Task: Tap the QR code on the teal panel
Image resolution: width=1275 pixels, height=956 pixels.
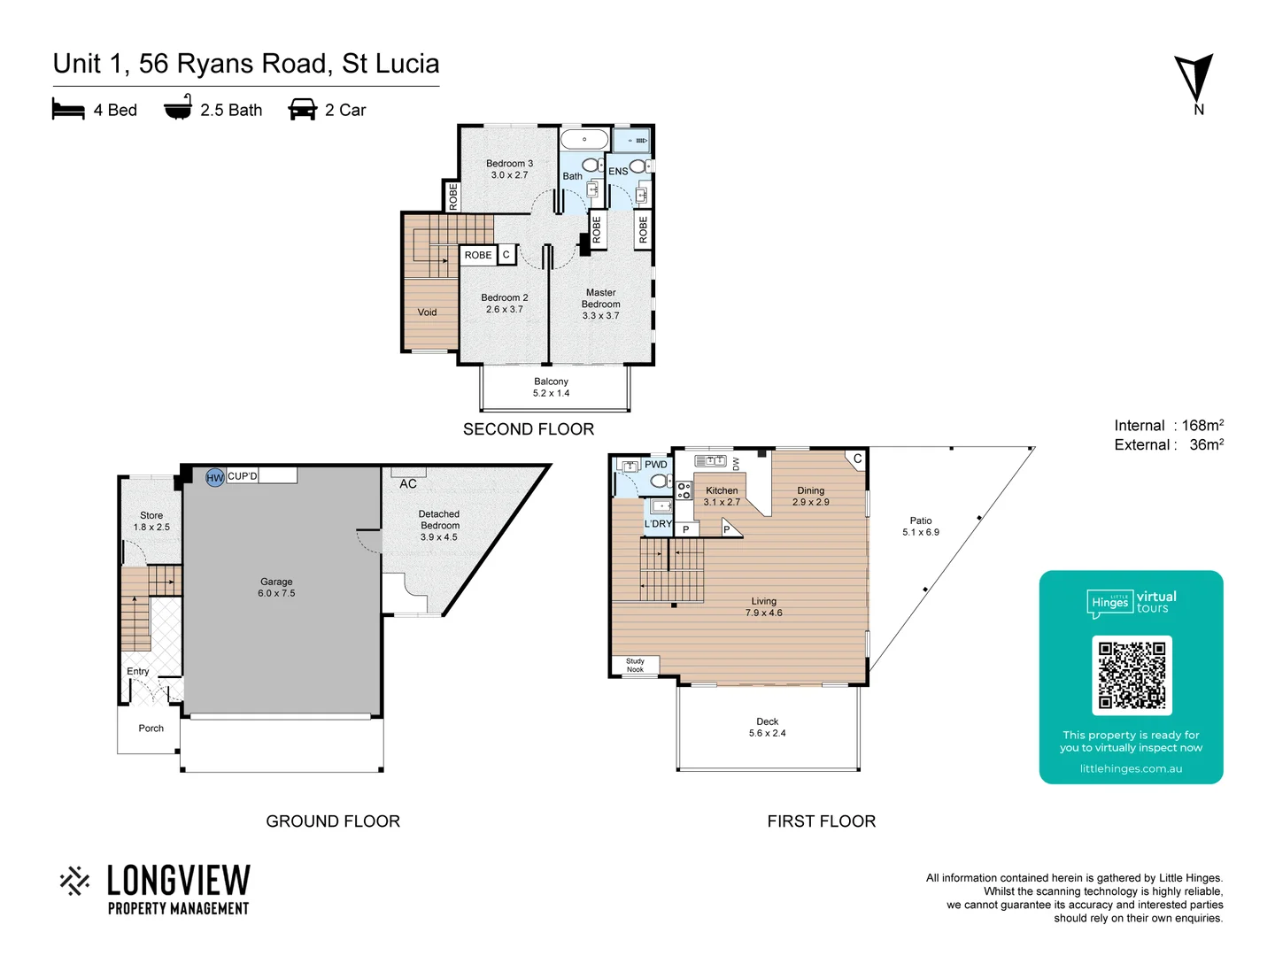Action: pos(1132,675)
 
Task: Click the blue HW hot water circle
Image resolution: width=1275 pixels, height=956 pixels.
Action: pos(215,478)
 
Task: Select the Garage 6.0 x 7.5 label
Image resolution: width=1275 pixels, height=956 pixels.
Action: pos(276,588)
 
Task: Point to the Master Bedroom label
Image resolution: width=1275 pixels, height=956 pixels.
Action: pos(600,304)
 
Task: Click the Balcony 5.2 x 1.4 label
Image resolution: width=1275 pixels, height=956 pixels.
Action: pos(551,388)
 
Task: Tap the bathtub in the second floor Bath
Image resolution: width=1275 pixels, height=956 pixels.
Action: pos(584,140)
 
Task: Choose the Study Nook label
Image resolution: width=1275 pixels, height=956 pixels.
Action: pos(635,666)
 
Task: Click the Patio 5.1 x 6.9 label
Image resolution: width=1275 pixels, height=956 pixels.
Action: pos(921,527)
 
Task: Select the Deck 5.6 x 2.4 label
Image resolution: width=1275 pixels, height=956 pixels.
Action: pos(767,728)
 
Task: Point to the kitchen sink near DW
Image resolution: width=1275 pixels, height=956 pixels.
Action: pos(710,461)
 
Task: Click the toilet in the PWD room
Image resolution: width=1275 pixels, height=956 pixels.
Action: pos(660,481)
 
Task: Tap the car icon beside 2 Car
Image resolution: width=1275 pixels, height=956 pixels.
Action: pos(303,110)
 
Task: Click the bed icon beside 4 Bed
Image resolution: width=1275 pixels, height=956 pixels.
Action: pos(68,110)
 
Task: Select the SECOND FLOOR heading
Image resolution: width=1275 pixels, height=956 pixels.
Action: pos(529,429)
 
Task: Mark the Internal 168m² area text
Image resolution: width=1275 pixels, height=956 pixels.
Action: pos(1169,426)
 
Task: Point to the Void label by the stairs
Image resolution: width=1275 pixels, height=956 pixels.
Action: pos(427,312)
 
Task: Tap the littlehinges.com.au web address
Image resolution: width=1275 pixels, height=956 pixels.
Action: pos(1131,769)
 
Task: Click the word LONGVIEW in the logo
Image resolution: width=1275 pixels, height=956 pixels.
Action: pos(179,881)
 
